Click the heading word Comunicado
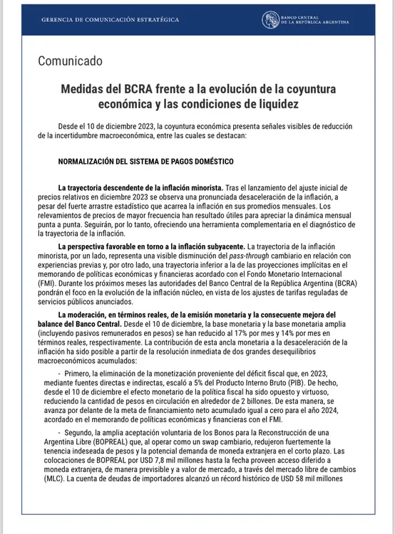[x=70, y=61]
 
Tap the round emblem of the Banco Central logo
[x=271, y=20]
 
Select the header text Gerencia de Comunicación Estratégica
[x=111, y=20]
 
